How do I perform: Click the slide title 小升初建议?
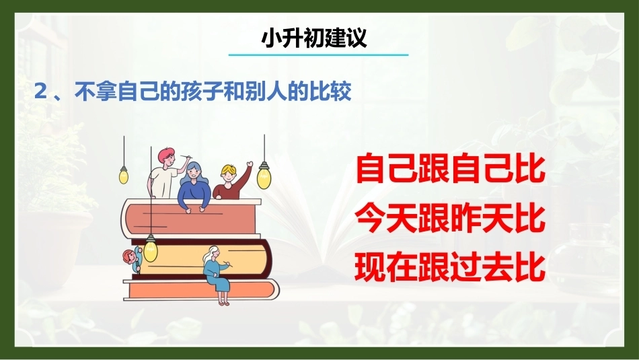pos(314,38)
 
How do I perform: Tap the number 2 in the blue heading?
pos(41,92)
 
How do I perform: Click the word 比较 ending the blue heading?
pos(330,92)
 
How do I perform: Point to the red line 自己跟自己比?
pos(450,168)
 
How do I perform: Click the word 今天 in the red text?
pos(387,218)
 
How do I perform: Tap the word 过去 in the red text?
pos(482,267)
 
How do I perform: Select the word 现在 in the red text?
pos(387,267)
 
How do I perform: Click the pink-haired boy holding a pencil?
pos(166,174)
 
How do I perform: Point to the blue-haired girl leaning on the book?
pos(195,186)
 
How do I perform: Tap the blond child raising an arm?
pos(232,182)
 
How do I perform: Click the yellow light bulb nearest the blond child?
pos(264,176)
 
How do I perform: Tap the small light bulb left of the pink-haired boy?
pos(124,176)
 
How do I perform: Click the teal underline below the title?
pos(318,55)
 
